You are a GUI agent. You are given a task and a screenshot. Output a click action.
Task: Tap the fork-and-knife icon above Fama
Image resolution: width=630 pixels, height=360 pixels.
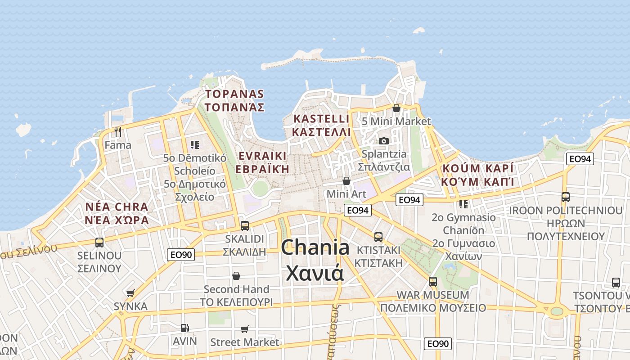coord(118,131)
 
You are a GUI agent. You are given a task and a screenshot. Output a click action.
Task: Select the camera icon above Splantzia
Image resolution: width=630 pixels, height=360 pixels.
coord(384,141)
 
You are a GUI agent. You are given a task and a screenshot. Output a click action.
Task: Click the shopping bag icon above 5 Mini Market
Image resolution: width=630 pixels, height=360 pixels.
coord(396,108)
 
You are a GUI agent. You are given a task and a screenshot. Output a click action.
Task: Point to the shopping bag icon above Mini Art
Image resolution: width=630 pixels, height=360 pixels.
coord(346,181)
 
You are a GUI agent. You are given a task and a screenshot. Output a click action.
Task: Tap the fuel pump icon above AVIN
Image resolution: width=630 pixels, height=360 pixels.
coord(184,328)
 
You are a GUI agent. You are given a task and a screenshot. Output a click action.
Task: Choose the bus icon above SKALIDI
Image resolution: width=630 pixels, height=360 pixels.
coord(245,225)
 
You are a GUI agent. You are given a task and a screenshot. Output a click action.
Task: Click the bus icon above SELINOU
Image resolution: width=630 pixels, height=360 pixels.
coord(99,243)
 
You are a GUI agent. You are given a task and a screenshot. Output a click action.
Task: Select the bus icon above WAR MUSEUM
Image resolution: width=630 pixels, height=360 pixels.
coord(433,282)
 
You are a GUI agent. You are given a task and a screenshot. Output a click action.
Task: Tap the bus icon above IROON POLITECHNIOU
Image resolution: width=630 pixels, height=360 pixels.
coord(566,197)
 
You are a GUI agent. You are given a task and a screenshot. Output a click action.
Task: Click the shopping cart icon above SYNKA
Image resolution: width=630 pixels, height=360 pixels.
coord(130,293)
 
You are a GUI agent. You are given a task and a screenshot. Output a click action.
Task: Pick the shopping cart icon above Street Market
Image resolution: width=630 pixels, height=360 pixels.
coord(245,329)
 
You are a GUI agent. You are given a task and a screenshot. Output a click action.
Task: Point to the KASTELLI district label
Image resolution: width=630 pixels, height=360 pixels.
coord(321,125)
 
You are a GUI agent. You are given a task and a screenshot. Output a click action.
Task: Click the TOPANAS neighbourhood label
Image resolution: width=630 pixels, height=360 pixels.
coord(234,100)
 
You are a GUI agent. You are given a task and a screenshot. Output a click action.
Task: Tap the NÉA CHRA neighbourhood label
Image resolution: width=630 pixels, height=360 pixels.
coord(117,213)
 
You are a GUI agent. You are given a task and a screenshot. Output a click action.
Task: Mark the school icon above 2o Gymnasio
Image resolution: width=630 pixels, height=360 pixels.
coord(463,204)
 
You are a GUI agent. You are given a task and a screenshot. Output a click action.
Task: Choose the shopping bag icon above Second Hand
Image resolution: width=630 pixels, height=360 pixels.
coord(236,275)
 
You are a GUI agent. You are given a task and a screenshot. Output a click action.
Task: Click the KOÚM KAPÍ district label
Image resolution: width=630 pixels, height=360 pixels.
coord(477,175)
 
